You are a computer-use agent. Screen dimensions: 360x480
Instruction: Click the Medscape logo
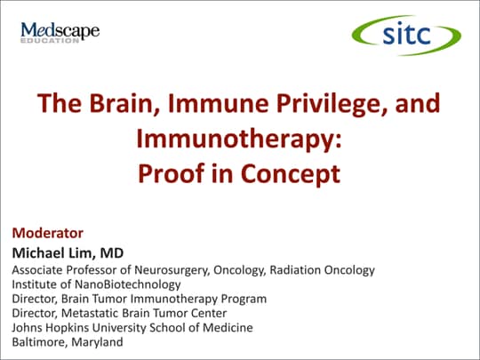click(x=60, y=32)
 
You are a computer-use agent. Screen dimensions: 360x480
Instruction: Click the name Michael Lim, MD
click(x=67, y=252)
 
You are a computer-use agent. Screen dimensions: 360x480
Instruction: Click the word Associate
click(x=38, y=269)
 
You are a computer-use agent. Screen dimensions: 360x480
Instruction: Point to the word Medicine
click(x=227, y=327)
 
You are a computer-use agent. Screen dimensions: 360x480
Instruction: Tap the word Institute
click(x=34, y=284)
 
